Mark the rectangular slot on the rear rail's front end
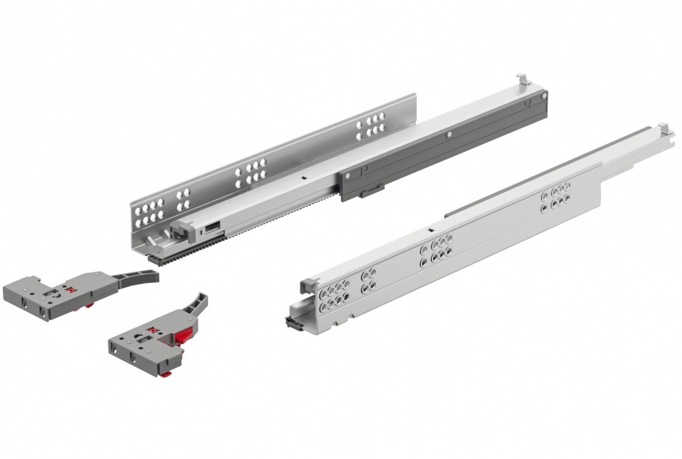212,223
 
